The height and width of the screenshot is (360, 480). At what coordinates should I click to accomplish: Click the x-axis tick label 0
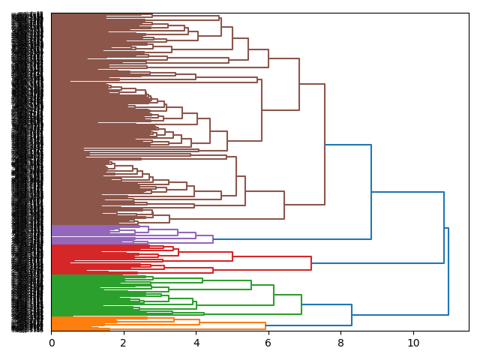tap(52, 343)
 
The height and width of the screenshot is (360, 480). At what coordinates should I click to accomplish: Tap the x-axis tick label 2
tap(124, 343)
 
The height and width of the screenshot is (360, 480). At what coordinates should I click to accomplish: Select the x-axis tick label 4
tap(196, 343)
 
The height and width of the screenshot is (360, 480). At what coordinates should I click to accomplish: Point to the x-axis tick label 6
tap(268, 343)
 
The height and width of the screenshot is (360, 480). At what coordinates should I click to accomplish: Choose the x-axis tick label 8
tap(340, 343)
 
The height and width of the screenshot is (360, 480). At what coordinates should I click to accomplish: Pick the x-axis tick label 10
tap(413, 343)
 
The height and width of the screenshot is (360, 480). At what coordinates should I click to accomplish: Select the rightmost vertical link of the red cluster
tap(311, 263)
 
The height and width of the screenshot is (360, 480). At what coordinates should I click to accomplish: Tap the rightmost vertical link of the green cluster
tap(301, 304)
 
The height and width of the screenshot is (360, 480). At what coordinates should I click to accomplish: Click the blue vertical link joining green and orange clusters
tap(352, 315)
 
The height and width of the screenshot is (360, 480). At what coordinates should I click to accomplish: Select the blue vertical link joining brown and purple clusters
tap(371, 192)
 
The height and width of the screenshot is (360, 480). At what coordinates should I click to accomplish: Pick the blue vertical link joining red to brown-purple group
tap(444, 228)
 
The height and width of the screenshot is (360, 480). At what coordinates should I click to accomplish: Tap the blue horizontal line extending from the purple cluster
tap(292, 239)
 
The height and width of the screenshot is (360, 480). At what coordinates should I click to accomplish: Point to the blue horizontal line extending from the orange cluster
tap(308, 325)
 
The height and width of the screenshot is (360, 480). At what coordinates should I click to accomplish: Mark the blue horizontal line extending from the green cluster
tap(326, 304)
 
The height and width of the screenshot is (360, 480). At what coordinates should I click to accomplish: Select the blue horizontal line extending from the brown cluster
tap(348, 145)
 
